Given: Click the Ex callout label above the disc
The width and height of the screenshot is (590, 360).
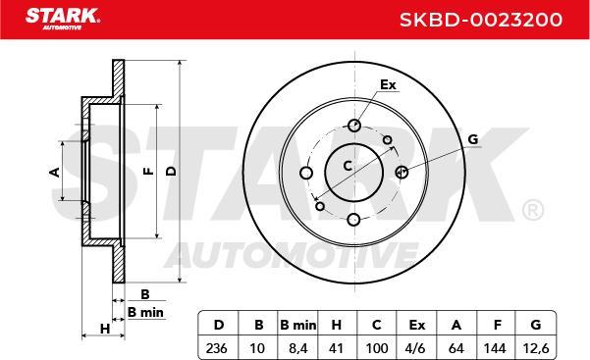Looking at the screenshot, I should click(x=387, y=85).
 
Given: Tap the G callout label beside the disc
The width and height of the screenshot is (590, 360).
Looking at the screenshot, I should click(x=472, y=139).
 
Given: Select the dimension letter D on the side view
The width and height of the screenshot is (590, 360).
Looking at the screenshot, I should click(x=171, y=172).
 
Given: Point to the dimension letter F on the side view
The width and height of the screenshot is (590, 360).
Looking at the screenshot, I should click(x=146, y=172).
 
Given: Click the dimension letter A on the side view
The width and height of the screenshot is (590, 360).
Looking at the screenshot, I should click(x=55, y=172).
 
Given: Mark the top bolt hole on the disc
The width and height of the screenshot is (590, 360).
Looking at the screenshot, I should click(x=353, y=126).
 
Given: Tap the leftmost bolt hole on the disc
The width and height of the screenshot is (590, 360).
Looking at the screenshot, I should click(x=305, y=174).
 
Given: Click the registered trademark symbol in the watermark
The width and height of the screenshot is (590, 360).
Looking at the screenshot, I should click(x=531, y=209).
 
